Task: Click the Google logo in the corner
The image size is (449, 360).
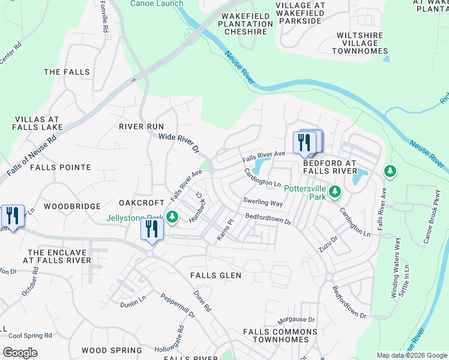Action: (20, 353)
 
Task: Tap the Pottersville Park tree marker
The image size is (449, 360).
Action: (335, 192)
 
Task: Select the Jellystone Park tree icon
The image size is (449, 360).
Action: (173, 217)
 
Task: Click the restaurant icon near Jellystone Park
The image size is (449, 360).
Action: (151, 229)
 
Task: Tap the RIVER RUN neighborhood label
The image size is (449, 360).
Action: (141, 127)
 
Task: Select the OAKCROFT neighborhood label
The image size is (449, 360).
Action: (142, 202)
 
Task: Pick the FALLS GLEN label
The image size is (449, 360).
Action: (215, 275)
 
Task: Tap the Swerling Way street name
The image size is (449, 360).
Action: (262, 202)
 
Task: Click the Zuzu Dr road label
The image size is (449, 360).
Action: (328, 242)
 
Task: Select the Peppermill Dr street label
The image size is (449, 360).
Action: (178, 305)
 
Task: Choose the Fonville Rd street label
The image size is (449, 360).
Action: (103, 16)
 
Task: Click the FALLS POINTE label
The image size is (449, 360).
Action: (60, 167)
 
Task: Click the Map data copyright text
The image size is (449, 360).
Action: (411, 355)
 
